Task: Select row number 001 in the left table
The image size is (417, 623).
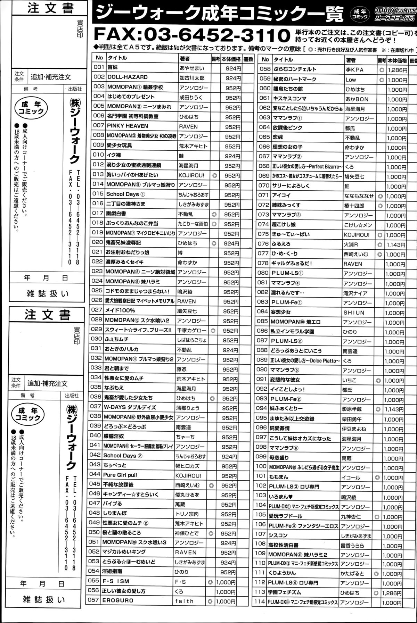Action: pyautogui.click(x=99, y=68)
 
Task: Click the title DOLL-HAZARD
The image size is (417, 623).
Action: pyautogui.click(x=128, y=77)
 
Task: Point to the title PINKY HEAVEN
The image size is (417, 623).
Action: pyautogui.click(x=128, y=126)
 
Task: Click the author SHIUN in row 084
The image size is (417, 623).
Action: pyautogui.click(x=354, y=313)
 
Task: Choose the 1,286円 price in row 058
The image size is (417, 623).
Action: pyautogui.click(x=398, y=70)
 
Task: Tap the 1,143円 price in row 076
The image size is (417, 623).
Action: pyautogui.click(x=397, y=245)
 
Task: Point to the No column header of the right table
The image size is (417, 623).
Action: pyautogui.click(x=265, y=60)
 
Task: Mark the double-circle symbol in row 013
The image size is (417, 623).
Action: pyautogui.click(x=214, y=176)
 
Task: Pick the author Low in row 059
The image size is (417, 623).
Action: pyautogui.click(x=351, y=80)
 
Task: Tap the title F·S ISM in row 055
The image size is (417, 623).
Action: pyautogui.click(x=116, y=581)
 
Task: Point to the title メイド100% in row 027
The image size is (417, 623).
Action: pyautogui.click(x=120, y=310)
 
